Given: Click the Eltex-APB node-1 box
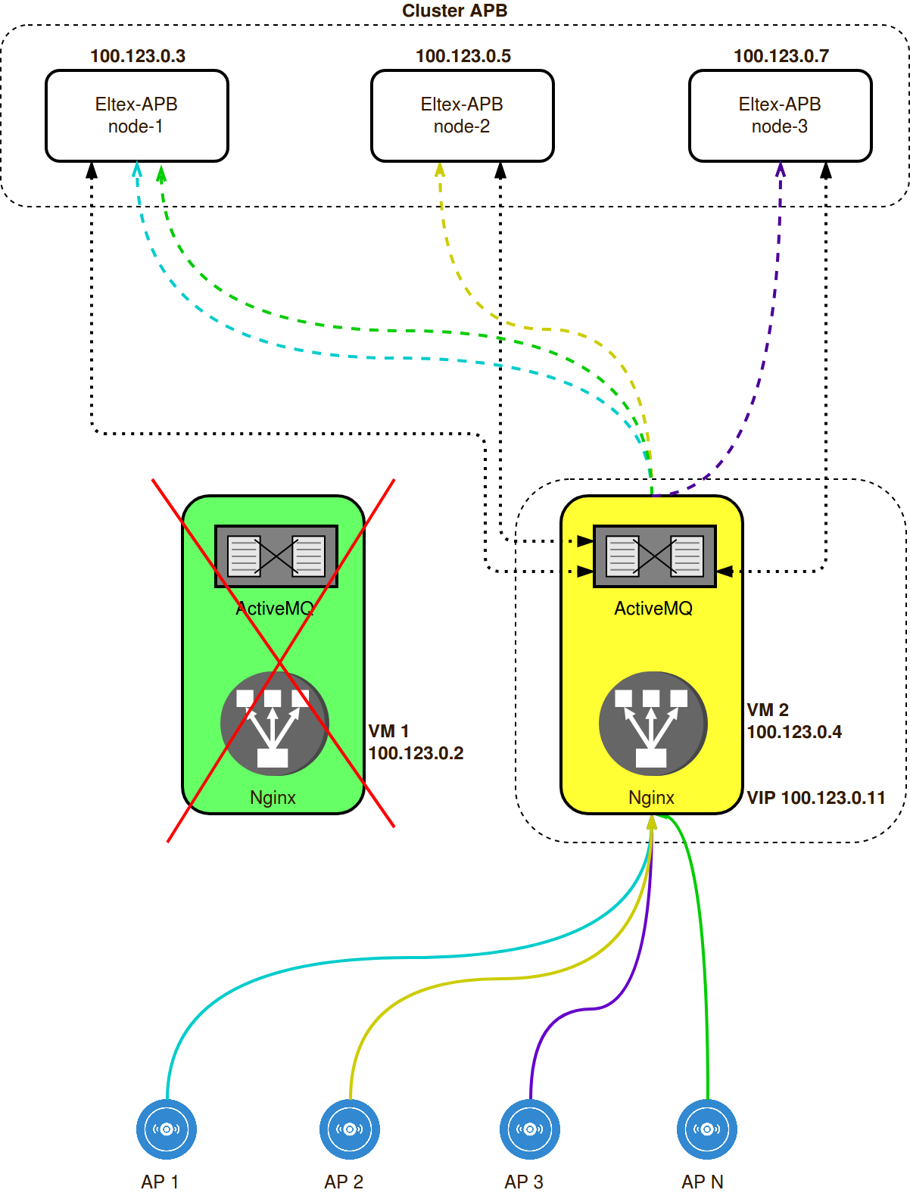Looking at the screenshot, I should pyautogui.click(x=136, y=116).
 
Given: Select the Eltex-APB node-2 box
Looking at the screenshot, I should pyautogui.click(x=462, y=116).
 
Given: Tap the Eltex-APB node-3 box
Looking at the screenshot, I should pyautogui.click(x=780, y=116).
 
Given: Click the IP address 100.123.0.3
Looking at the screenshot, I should pyautogui.click(x=138, y=56).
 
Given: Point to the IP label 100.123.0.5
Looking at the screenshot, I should pyautogui.click(x=463, y=56).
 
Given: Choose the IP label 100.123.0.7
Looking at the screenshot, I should pyautogui.click(x=781, y=56).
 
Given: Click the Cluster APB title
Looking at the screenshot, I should pyautogui.click(x=454, y=11).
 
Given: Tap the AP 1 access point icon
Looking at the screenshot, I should pyautogui.click(x=167, y=1129).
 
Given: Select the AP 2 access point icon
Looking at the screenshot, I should pyautogui.click(x=350, y=1129).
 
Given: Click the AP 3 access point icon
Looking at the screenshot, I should pyautogui.click(x=530, y=1129).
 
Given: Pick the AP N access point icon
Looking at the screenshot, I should pyautogui.click(x=707, y=1129).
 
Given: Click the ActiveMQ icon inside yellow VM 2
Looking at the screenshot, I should pyautogui.click(x=654, y=556).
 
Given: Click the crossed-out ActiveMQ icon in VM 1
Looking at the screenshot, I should pyautogui.click(x=276, y=556).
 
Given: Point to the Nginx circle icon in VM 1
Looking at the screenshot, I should pyautogui.click(x=274, y=724).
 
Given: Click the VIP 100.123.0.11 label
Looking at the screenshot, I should pyautogui.click(x=816, y=798).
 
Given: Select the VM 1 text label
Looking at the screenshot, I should pyautogui.click(x=388, y=731).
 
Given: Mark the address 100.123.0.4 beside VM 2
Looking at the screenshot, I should pyautogui.click(x=794, y=732).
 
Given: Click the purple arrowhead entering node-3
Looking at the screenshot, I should pyautogui.click(x=781, y=170).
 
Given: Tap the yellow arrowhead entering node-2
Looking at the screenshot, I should pyautogui.click(x=440, y=170).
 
